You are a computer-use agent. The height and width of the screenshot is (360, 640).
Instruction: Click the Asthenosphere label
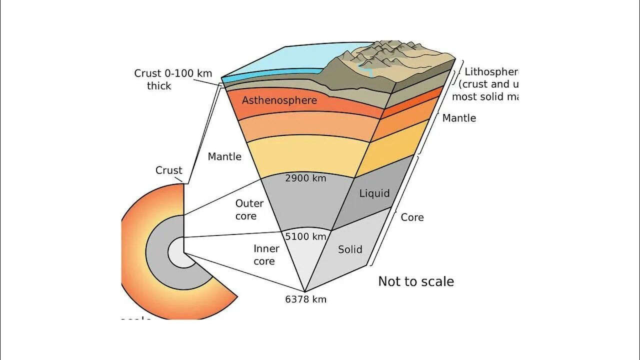tap(279, 100)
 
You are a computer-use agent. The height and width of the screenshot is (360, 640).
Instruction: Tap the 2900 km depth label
tap(305, 178)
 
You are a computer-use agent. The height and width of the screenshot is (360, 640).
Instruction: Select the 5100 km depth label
tap(305, 236)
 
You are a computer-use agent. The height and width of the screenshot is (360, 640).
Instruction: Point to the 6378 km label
tap(305, 299)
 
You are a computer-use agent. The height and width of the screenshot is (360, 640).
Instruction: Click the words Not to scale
tap(415, 281)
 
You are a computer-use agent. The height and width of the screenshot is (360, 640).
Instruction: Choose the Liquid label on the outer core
tap(374, 193)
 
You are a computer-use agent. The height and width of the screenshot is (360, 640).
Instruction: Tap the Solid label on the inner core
tap(350, 249)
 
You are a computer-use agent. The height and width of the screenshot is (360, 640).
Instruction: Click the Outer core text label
tap(249, 210)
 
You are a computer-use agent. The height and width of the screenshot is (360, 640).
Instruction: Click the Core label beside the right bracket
tap(412, 217)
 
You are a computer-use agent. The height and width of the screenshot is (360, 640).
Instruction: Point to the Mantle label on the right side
tap(459, 118)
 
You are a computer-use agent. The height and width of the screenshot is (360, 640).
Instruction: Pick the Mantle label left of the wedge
tap(224, 157)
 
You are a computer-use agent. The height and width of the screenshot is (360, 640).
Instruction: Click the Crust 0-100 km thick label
tap(173, 79)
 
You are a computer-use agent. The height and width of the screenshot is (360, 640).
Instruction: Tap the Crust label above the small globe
tap(169, 170)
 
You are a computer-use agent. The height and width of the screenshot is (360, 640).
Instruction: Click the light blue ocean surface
tap(280, 60)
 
